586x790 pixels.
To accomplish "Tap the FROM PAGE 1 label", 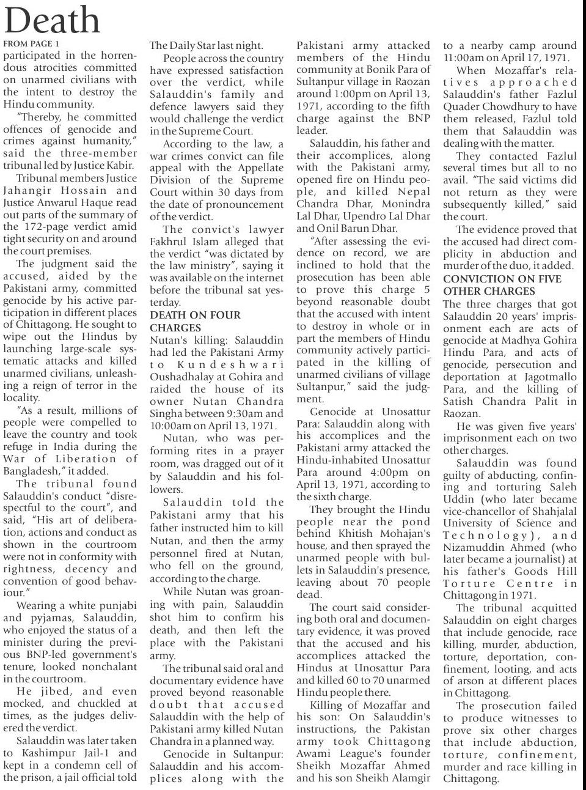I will pos(31,44).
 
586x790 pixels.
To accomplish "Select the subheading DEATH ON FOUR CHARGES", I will pos(196,321).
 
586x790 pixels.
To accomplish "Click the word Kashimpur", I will pos(42,753).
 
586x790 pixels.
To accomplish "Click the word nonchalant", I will pos(106,666).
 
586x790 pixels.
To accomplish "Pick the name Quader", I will pos(463,106).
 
